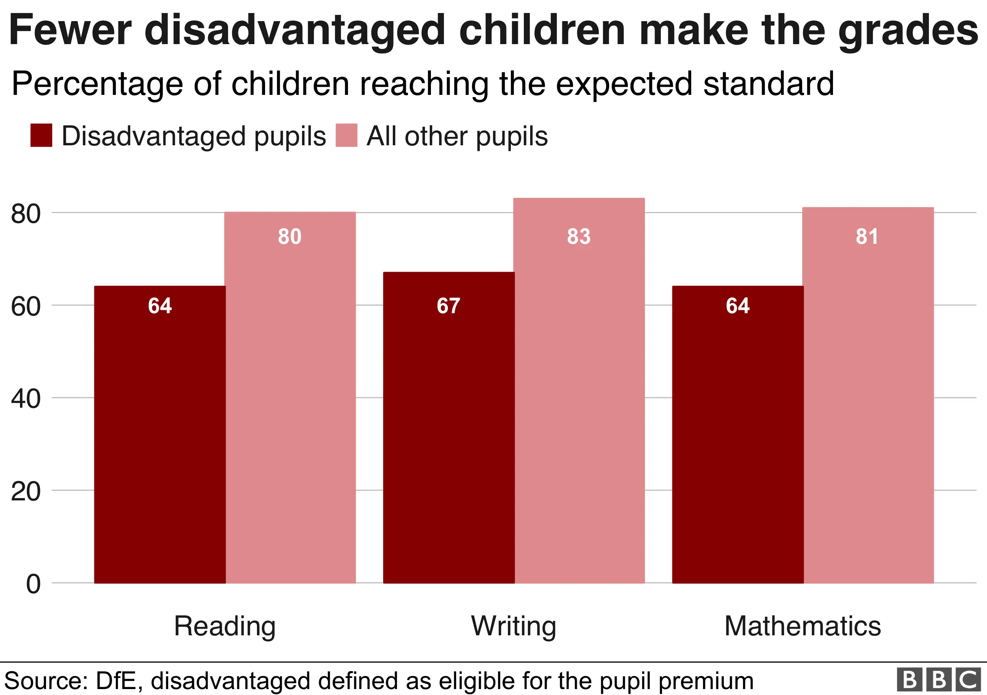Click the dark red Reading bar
click(160, 435)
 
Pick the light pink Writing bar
click(579, 392)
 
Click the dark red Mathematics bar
click(738, 435)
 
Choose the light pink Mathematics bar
click(867, 396)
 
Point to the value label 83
click(579, 236)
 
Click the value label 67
click(448, 306)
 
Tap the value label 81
click(867, 236)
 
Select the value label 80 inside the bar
click(290, 236)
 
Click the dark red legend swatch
click(41, 135)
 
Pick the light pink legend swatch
click(346, 135)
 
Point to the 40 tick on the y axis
click(26, 398)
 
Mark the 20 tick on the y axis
click(26, 491)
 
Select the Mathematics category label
click(802, 626)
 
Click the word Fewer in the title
click(70, 30)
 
